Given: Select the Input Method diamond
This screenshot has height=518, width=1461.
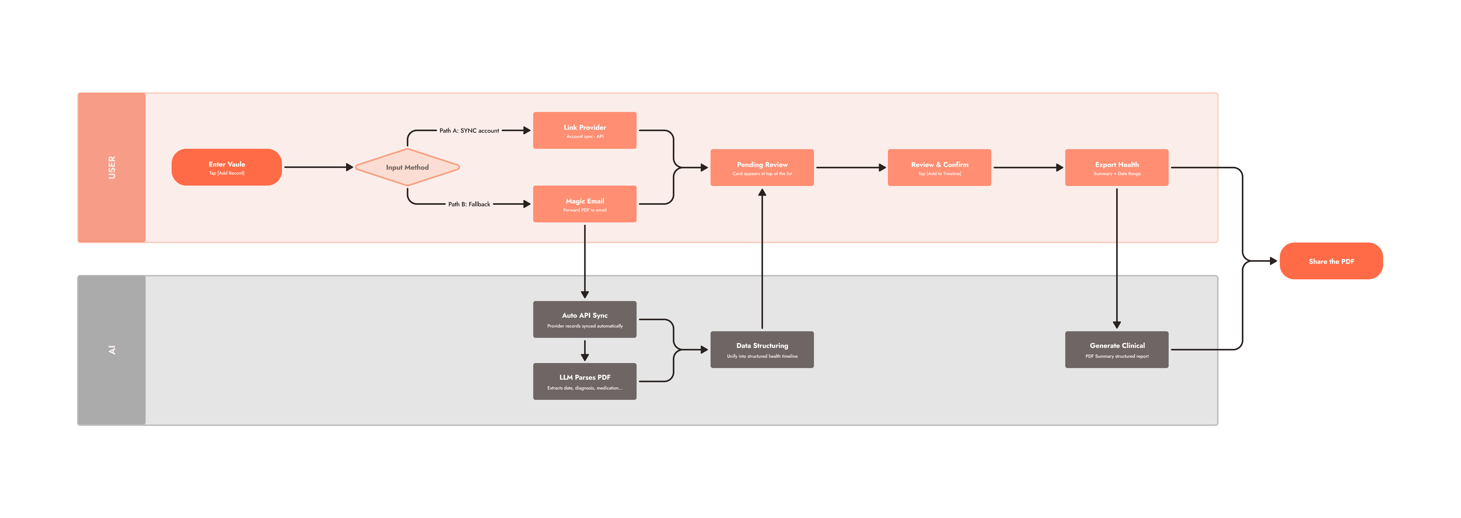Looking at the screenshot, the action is (x=407, y=167).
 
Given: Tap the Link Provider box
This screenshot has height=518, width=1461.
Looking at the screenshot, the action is (x=585, y=131).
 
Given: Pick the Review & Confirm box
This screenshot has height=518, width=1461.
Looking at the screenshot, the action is (x=939, y=167).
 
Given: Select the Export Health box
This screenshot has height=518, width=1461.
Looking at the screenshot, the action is (x=1117, y=167).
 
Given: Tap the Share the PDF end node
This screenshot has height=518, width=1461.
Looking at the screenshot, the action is (x=1331, y=261).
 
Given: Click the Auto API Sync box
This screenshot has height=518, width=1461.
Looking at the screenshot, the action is (x=585, y=319).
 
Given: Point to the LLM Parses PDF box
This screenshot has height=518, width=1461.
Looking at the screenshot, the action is (x=585, y=381).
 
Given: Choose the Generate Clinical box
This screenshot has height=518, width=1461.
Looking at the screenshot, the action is (x=1117, y=349).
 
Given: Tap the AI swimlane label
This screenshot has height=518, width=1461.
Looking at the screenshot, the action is (x=112, y=350).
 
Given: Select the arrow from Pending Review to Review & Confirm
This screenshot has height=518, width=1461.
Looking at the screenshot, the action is (x=851, y=167).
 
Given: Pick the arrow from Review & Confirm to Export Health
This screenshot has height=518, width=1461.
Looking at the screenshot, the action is (x=1028, y=167).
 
